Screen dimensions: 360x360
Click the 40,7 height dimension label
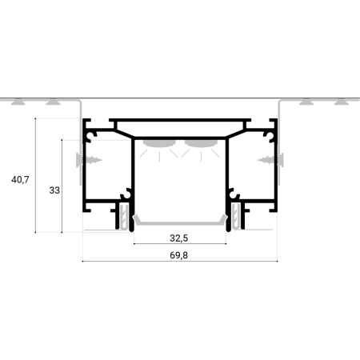(x=20, y=180)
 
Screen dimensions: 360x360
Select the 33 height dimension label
(x=54, y=190)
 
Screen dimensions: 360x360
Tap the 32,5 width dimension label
(x=179, y=238)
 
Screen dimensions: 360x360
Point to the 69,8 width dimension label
(x=179, y=255)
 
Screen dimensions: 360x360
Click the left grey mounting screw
(x=89, y=160)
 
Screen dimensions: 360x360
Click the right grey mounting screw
(x=270, y=160)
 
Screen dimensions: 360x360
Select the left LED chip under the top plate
(x=159, y=143)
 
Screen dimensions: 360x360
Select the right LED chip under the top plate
(x=201, y=143)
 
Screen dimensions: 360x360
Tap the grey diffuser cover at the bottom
(x=180, y=222)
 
